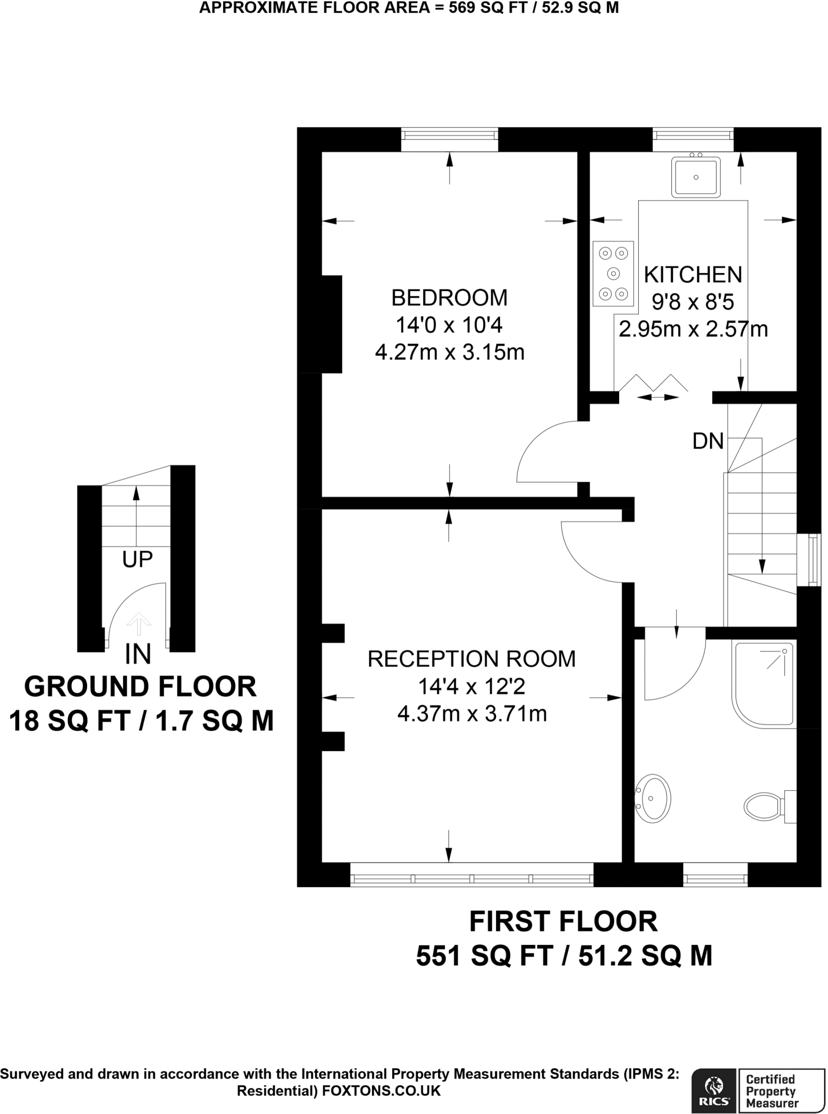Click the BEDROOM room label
(x=449, y=298)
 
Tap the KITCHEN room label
(x=693, y=275)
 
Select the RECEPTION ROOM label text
(x=472, y=659)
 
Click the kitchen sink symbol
(x=696, y=177)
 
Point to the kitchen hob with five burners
(x=614, y=274)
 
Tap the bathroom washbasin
(x=653, y=798)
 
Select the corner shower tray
(x=764, y=684)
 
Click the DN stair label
(x=708, y=441)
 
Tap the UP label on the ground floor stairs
(x=138, y=559)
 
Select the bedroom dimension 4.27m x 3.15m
(x=449, y=352)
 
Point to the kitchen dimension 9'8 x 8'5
(x=693, y=302)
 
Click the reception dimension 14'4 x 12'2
(x=472, y=686)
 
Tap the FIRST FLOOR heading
(x=564, y=921)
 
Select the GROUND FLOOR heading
(x=140, y=686)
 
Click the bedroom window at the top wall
(x=449, y=140)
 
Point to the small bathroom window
(x=715, y=875)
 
